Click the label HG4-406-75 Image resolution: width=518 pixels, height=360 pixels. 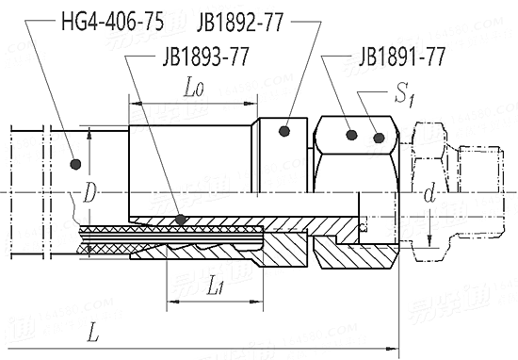(112, 22)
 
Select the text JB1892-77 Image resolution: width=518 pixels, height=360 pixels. (240, 23)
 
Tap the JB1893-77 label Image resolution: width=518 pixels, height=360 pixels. (205, 57)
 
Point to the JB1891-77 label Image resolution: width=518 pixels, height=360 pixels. (402, 57)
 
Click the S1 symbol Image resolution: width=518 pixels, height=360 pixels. (405, 95)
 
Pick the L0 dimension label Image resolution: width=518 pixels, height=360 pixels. (194, 88)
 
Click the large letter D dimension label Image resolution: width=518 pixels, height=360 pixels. (89, 193)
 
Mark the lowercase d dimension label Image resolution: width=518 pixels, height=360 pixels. (429, 194)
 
